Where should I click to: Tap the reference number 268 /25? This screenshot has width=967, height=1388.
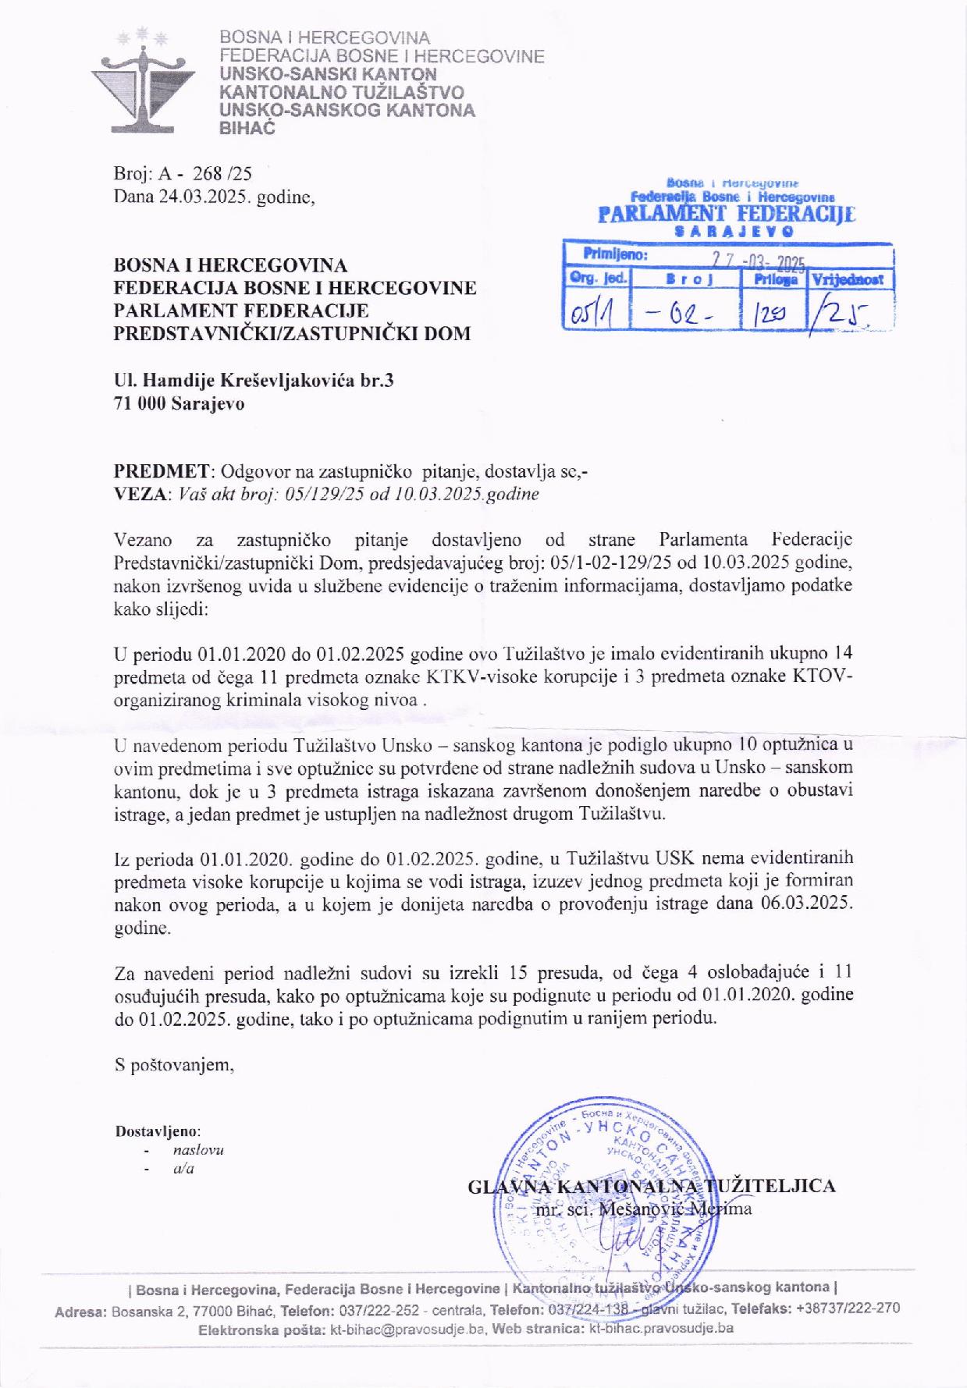[x=222, y=173]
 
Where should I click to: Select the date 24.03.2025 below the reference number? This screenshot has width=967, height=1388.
[x=203, y=197]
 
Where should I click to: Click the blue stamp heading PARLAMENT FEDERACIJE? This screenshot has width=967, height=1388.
[x=726, y=215]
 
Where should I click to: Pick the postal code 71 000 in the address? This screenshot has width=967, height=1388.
[x=140, y=403]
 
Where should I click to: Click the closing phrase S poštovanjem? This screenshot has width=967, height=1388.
[x=174, y=1064]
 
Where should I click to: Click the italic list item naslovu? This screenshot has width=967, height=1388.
[x=198, y=1150]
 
